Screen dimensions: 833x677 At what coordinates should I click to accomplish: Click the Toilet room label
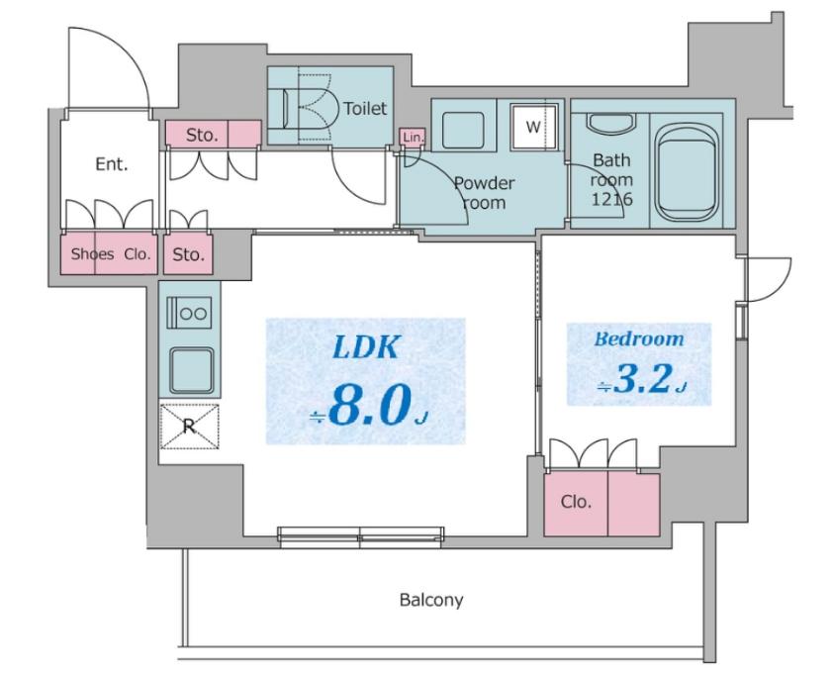coord(365,109)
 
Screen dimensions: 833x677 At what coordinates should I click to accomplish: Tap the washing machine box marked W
coord(534,127)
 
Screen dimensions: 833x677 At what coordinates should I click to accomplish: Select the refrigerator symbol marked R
coord(190,427)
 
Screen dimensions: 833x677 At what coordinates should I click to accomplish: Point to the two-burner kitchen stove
coord(190,313)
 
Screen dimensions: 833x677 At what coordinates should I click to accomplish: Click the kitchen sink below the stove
coord(191,369)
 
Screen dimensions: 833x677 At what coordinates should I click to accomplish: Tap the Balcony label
coord(431,600)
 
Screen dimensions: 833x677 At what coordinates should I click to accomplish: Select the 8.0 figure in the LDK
coord(370,405)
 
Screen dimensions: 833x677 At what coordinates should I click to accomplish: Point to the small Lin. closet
coord(413,138)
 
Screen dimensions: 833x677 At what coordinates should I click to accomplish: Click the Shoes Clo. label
coord(111,254)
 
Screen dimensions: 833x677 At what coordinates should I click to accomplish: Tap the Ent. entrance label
coord(112,164)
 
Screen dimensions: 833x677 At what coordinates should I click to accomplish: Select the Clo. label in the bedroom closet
coord(577,502)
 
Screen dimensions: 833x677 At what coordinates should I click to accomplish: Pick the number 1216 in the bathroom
coord(612,199)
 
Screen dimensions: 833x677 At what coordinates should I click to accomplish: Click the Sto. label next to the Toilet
coord(202,136)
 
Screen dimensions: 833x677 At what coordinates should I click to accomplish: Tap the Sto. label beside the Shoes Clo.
coord(188,254)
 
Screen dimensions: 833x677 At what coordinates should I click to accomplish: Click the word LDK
coord(365,347)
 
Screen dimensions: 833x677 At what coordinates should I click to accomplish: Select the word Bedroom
coord(639,338)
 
